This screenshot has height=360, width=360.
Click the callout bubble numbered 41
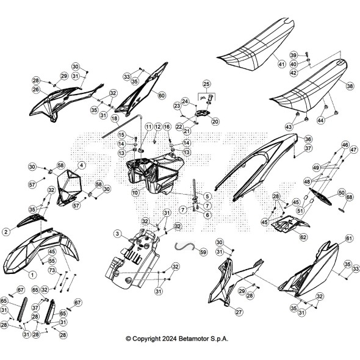281,64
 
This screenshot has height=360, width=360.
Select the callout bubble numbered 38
350,86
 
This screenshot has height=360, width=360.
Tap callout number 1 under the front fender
32,275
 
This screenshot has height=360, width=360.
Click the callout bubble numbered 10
135,193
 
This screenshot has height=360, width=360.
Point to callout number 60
162,95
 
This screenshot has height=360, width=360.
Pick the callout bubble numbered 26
36,90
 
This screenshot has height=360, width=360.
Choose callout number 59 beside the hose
203,252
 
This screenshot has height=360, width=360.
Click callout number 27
239,312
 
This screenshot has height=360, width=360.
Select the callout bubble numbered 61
349,239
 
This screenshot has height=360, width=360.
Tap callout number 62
303,237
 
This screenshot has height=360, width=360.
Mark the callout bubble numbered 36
308,139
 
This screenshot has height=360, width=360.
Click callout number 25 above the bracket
206,84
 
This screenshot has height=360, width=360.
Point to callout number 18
115,118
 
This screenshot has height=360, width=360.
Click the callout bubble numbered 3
118,234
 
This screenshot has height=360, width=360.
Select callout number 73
52,270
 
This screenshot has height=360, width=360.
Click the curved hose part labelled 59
184,246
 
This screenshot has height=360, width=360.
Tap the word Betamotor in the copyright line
194,339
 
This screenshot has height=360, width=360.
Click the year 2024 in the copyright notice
170,339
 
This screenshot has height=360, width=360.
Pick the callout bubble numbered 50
342,192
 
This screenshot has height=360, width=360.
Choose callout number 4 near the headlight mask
81,165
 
